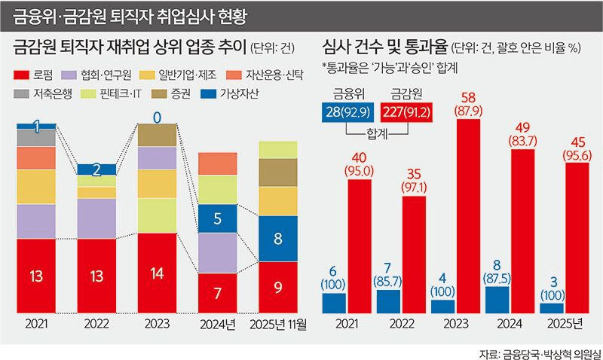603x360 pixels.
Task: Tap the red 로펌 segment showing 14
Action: tap(157, 273)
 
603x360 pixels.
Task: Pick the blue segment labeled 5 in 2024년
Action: tap(218, 218)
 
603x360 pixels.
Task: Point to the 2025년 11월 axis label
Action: tap(278, 325)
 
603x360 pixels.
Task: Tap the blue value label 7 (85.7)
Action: tap(388, 276)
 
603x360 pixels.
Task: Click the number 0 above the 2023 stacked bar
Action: tap(157, 117)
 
